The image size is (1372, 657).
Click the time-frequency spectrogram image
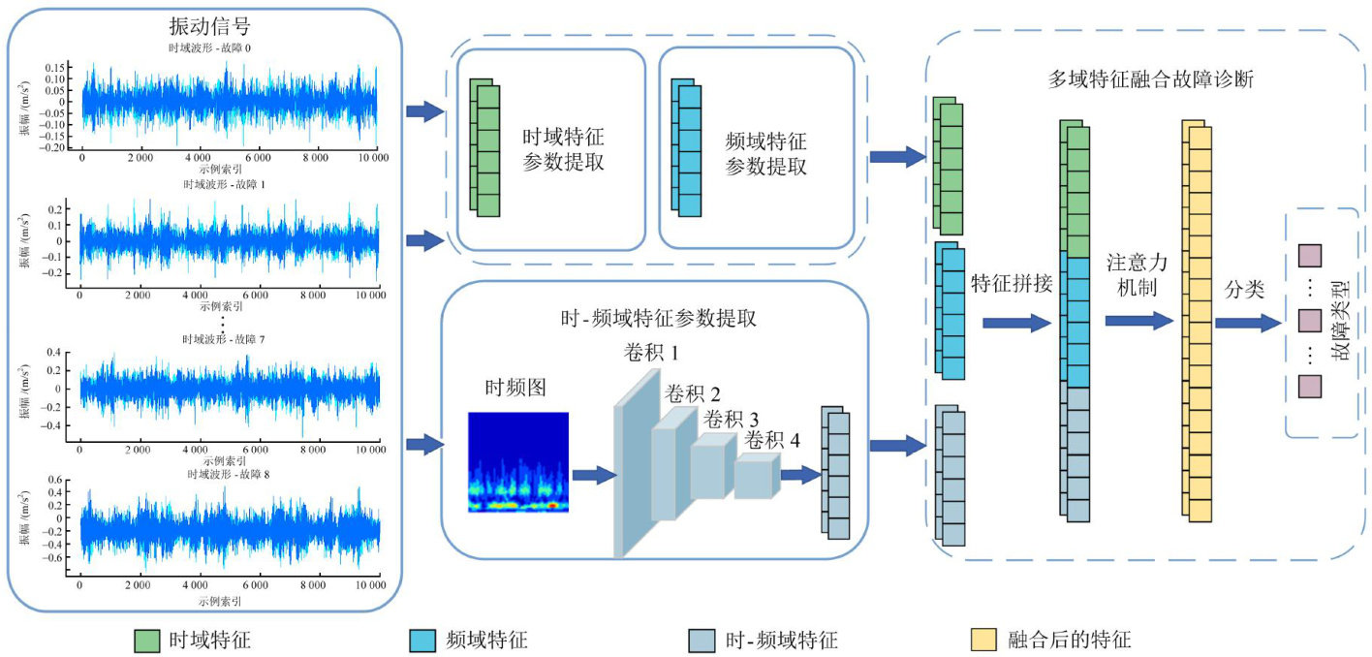pos(517,462)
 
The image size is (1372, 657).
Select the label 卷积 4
pos(772,441)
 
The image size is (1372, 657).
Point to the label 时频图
pos(515,388)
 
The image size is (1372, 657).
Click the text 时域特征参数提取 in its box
pos(564,150)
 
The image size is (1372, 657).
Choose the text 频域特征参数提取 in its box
pos(765,153)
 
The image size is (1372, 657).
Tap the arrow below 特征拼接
pos(1016,323)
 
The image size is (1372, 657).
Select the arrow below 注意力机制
pos(1138,320)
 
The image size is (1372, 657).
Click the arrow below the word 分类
pos(1247,323)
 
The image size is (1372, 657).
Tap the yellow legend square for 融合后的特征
pos(984,640)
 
